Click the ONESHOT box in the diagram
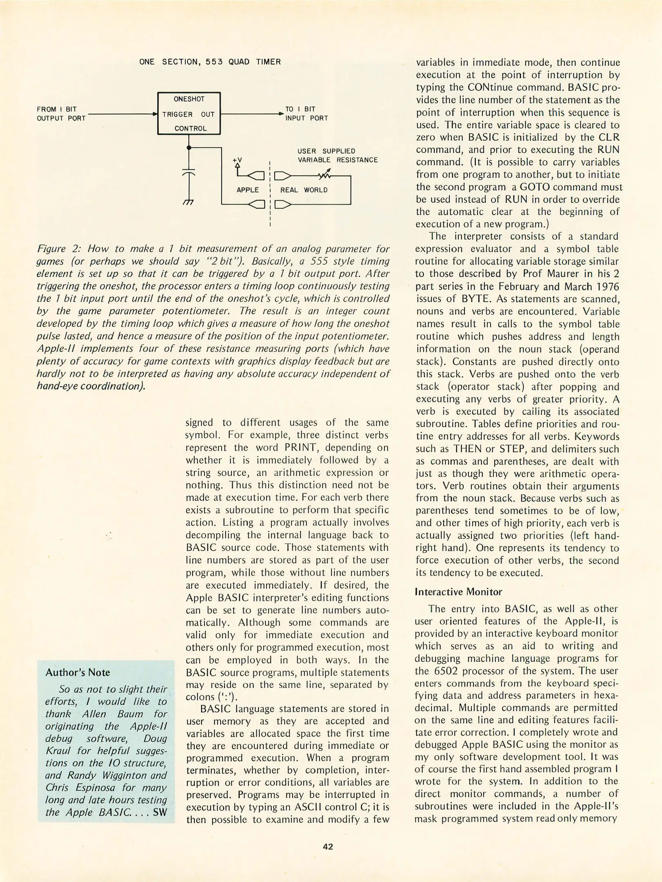(x=189, y=114)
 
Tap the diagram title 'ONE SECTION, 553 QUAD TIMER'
(x=210, y=62)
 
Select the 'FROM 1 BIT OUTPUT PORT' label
(x=61, y=114)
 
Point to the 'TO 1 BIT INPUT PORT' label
(x=306, y=114)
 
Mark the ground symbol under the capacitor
(x=189, y=202)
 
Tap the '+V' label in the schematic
(x=237, y=160)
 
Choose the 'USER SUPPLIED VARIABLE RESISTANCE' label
(x=337, y=156)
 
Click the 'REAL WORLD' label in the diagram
(x=304, y=190)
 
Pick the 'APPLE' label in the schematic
(x=247, y=190)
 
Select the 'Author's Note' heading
(x=78, y=672)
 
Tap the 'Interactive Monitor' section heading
(x=458, y=592)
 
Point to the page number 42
(x=328, y=847)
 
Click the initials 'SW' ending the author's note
(x=160, y=812)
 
